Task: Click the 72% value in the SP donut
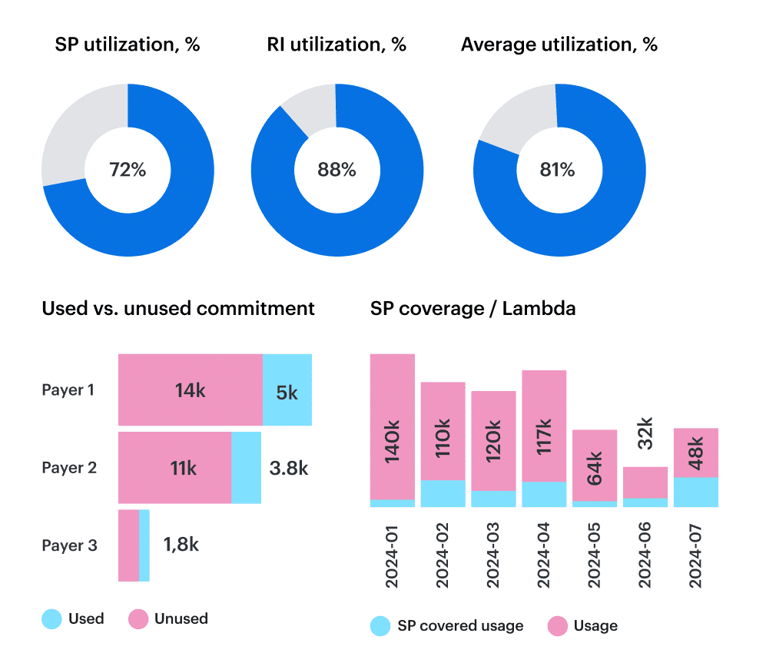pyautogui.click(x=127, y=170)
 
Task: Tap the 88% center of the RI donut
pyautogui.click(x=337, y=170)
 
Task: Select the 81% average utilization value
pyautogui.click(x=557, y=170)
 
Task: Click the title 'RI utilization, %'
pyautogui.click(x=337, y=45)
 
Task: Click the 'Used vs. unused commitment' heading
pyautogui.click(x=178, y=309)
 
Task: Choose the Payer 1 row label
pyautogui.click(x=68, y=390)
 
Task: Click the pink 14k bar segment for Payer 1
pyautogui.click(x=190, y=390)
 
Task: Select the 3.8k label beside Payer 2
pyautogui.click(x=289, y=468)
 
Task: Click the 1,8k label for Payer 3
pyautogui.click(x=181, y=545)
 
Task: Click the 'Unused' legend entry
pyautogui.click(x=168, y=619)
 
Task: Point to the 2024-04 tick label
pyautogui.click(x=544, y=555)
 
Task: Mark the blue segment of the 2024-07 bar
pyautogui.click(x=695, y=492)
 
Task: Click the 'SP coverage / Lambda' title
pyautogui.click(x=473, y=309)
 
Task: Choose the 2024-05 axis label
pyautogui.click(x=594, y=555)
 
